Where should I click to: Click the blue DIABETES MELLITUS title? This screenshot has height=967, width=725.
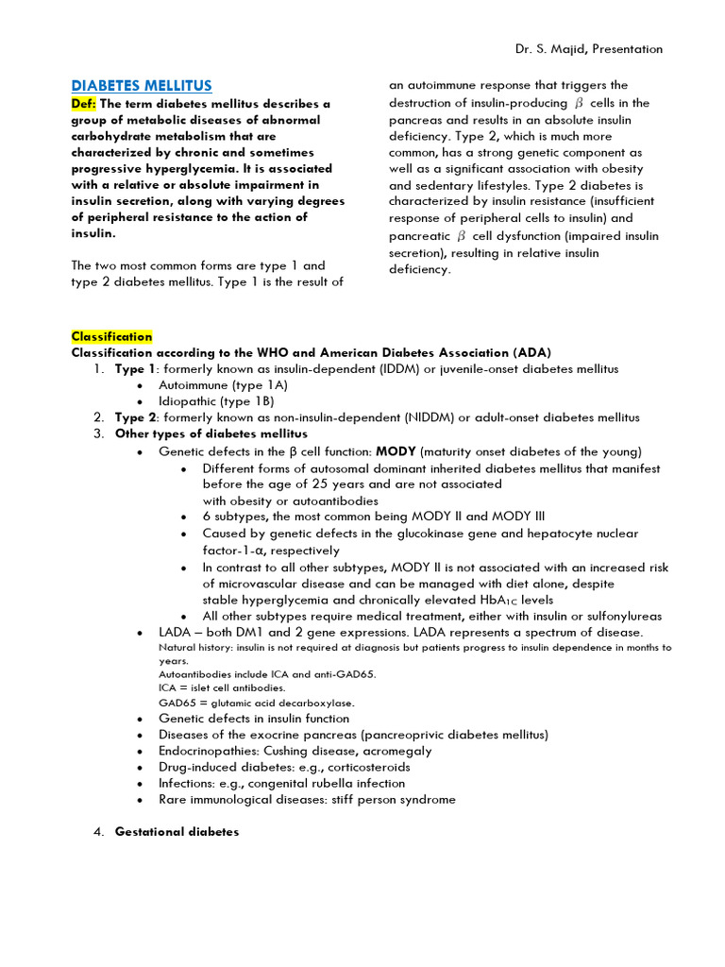pos(142,86)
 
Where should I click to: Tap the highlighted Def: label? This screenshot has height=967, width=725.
pos(85,103)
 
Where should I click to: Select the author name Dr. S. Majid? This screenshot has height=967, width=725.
pos(558,49)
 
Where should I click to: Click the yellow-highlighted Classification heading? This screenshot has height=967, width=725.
pos(111,336)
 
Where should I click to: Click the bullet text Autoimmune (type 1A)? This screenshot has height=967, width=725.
pos(223,385)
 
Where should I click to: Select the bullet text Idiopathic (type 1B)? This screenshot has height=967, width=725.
pos(216,401)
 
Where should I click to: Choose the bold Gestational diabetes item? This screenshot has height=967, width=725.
pos(177,832)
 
